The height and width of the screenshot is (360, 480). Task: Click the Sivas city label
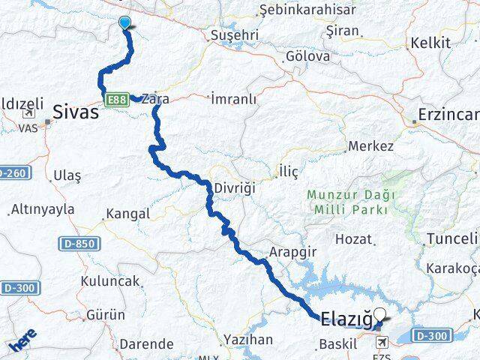(76, 112)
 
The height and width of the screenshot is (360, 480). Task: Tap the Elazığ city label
(346, 320)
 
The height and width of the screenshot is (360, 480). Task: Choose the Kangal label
(128, 214)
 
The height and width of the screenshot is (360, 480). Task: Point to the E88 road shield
(115, 98)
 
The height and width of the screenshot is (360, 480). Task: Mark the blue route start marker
(125, 23)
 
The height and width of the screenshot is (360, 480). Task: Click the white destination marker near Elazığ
(382, 316)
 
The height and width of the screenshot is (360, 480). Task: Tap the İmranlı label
(233, 99)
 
